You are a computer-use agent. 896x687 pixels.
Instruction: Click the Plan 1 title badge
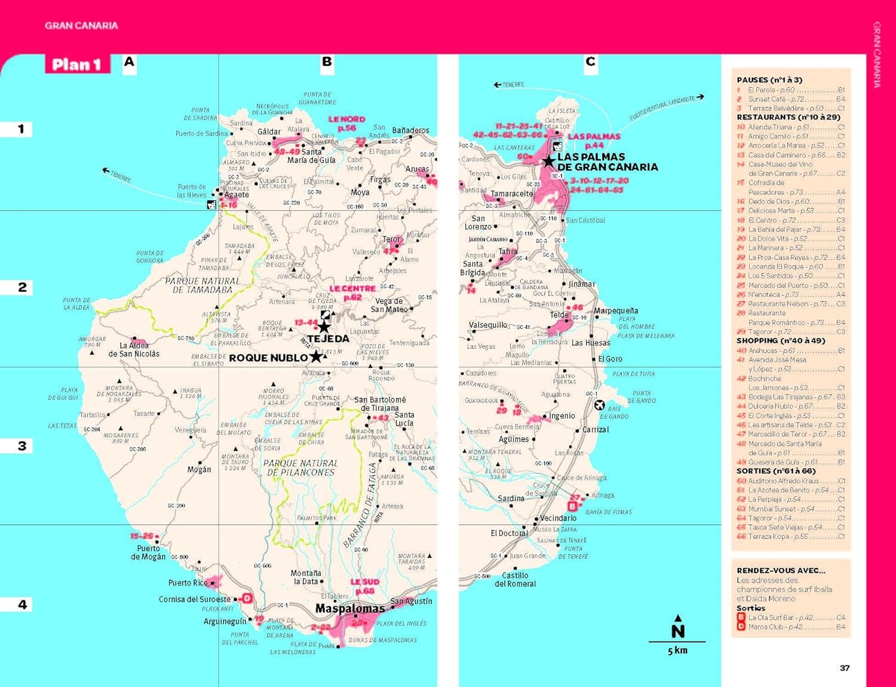coord(77,65)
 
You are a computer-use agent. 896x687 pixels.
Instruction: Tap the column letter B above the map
coord(327,62)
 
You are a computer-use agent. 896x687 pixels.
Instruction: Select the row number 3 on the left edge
coord(22,446)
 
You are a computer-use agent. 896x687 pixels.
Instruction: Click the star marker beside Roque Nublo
coord(315,357)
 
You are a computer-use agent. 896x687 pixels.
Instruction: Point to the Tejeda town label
coord(328,339)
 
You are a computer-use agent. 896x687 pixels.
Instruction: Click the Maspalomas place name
coord(350,609)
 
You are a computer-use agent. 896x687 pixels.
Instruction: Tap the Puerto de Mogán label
coord(148,553)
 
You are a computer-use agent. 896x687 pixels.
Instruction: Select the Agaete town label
coord(237,195)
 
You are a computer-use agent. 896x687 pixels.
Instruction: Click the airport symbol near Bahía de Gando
coord(600,405)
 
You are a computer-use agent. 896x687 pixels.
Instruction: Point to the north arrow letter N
coord(677,631)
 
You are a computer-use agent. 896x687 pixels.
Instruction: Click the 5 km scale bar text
coord(677,651)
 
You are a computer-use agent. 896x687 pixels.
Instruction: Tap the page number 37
coord(844,668)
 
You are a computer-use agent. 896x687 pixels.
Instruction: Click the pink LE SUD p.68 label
coord(364,586)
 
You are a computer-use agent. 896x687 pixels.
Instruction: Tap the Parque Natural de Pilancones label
coord(300,468)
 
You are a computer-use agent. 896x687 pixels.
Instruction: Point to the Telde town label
coord(559,315)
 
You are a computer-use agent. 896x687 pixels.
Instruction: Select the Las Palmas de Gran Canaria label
coord(606,162)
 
